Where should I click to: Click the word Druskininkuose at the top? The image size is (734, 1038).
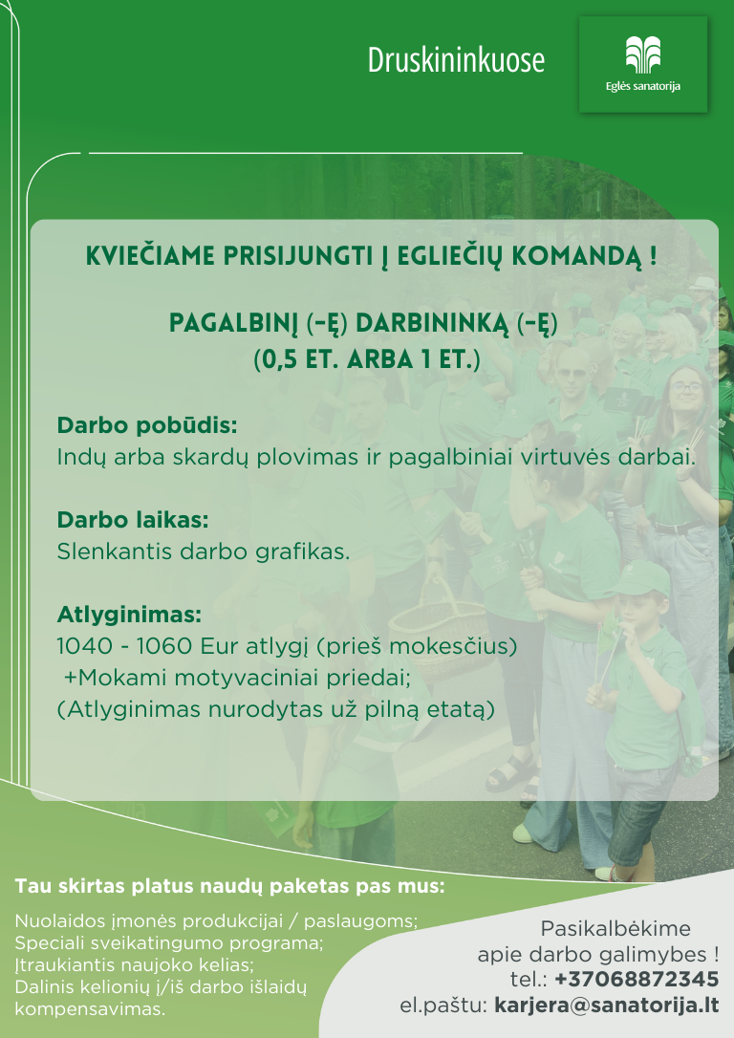pos(456,60)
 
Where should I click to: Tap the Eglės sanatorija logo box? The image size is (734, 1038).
pos(642,64)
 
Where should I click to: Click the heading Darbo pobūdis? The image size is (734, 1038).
pos(147,425)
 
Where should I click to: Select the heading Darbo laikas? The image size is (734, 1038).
pos(133,520)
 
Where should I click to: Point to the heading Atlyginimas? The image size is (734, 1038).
pos(129,615)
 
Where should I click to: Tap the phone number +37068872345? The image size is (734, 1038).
pos(637,979)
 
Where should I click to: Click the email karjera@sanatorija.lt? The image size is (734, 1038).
pos(606,1006)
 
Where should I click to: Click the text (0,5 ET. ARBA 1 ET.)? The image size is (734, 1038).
pos(367,358)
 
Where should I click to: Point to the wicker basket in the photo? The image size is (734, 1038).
pos(438,629)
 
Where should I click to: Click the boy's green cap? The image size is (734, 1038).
pos(638,578)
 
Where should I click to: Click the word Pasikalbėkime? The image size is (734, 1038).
pos(615,929)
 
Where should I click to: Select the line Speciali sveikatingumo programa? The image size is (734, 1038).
pos(169,943)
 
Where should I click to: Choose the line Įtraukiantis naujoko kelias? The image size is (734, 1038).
pos(135,965)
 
